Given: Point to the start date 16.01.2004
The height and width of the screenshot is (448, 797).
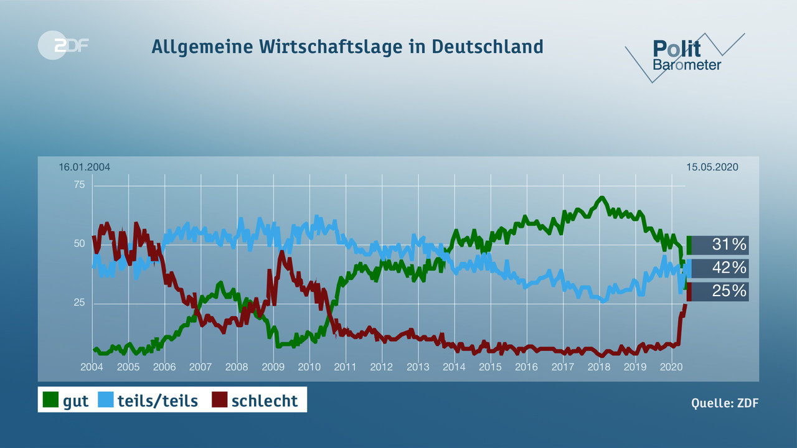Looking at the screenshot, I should (85, 167).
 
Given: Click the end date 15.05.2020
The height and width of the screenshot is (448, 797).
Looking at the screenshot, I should (712, 167).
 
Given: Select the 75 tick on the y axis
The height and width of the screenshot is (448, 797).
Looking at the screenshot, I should (80, 185).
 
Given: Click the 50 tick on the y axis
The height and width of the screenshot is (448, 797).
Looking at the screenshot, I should (80, 244).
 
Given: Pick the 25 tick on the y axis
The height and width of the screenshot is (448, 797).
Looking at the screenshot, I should (80, 303).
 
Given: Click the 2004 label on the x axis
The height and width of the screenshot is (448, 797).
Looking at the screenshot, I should (92, 367).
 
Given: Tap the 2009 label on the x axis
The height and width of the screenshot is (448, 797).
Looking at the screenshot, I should (273, 367).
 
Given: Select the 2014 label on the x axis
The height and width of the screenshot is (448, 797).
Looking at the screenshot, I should (454, 367).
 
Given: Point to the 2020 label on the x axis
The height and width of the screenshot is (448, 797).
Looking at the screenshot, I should (671, 367).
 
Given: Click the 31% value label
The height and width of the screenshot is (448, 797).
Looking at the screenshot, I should (729, 245).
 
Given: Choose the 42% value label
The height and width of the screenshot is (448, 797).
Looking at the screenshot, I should (729, 268).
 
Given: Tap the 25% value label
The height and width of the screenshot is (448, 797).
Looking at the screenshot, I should (729, 291).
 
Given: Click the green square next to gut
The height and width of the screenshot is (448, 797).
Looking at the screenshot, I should (50, 400).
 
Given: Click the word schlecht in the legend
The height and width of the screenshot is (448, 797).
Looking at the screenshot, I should (265, 401).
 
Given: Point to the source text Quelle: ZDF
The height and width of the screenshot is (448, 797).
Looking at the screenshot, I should (725, 403).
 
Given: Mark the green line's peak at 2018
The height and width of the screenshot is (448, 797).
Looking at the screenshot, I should (601, 198).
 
